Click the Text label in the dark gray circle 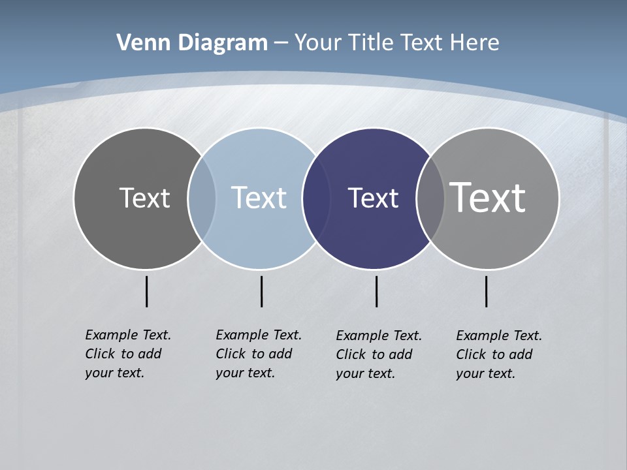tap(144, 198)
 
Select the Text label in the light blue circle tap(259, 198)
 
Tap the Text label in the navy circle tap(373, 198)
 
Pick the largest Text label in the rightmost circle tap(488, 198)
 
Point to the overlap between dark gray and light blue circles tap(202, 198)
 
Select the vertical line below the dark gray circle tap(146, 291)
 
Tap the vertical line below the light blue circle tap(261, 291)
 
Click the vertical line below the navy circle tap(376, 291)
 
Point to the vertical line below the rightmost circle tap(486, 291)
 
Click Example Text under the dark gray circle tap(128, 335)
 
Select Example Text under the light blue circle tap(259, 335)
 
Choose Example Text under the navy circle tap(379, 336)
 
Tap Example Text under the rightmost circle tap(499, 336)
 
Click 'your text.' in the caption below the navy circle tap(366, 373)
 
